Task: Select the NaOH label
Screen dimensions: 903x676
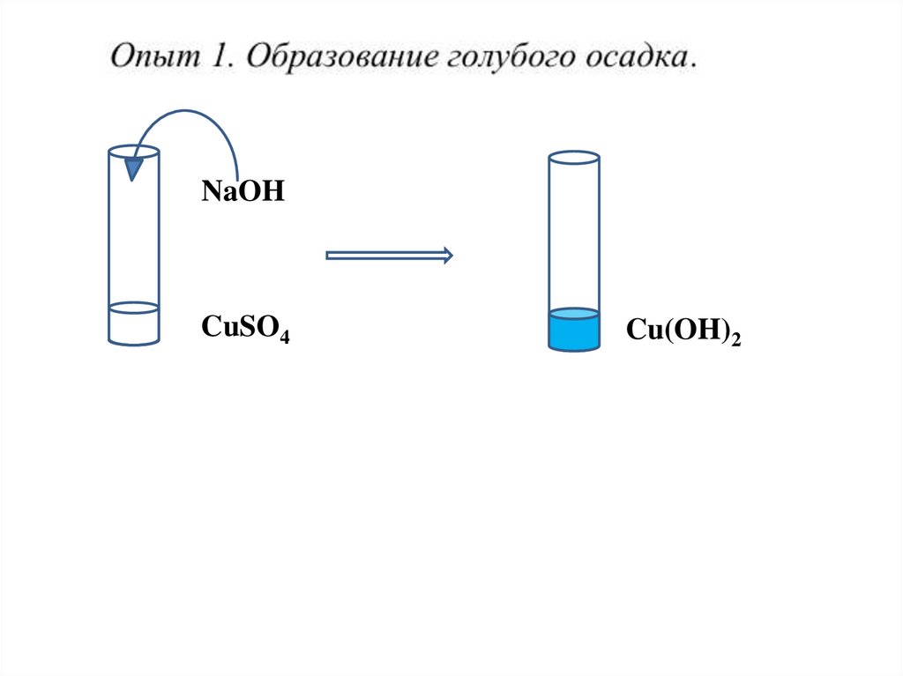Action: (243, 192)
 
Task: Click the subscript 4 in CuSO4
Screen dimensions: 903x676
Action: (285, 336)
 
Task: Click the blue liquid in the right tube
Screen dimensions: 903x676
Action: (574, 333)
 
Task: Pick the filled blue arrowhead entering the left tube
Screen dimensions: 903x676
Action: (132, 167)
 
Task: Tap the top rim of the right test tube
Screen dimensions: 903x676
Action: (574, 159)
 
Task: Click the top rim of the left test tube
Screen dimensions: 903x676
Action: (133, 152)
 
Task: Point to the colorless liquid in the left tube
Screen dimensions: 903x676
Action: (133, 326)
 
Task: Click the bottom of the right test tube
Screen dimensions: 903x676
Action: (574, 347)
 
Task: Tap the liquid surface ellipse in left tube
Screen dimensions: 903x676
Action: (133, 308)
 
